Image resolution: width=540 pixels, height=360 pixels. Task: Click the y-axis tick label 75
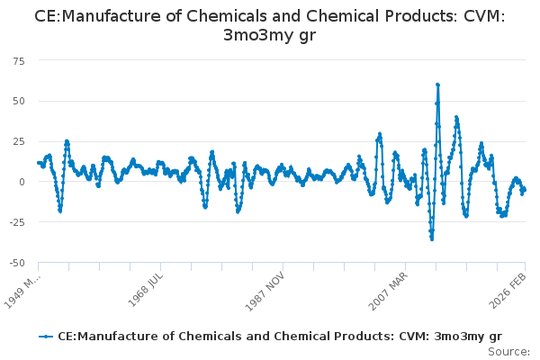click(x=19, y=60)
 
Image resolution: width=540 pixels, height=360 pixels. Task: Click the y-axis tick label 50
click(x=19, y=101)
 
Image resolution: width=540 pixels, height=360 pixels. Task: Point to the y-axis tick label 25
click(x=19, y=141)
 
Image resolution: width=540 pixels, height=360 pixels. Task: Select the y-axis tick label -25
click(x=17, y=222)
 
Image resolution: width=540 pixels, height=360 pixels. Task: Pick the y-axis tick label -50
click(x=17, y=263)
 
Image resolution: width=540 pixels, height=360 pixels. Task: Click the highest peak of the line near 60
click(x=437, y=85)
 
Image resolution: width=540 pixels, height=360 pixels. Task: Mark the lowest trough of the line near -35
click(x=432, y=238)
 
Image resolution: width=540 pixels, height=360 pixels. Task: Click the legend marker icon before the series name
click(x=46, y=336)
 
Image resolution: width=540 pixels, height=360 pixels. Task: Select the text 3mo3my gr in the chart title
click(x=269, y=36)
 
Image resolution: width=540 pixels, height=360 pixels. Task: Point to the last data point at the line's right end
click(x=525, y=189)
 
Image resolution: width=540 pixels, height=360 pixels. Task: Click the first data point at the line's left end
click(x=38, y=163)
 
